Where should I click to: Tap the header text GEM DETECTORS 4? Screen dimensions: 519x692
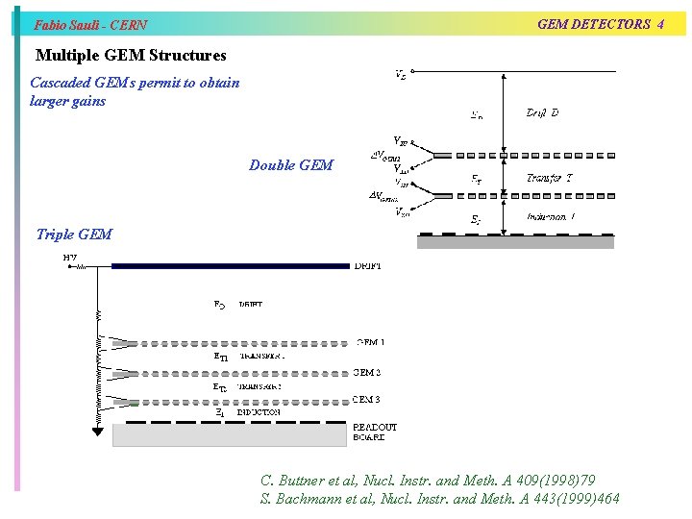click(x=600, y=24)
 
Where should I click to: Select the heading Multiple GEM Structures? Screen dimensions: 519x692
click(x=130, y=56)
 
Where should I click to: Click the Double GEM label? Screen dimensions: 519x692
click(x=290, y=165)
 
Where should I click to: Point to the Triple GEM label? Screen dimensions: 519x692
click(x=73, y=234)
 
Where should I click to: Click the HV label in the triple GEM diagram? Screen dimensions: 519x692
click(x=70, y=258)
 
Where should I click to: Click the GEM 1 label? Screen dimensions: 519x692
click(x=370, y=342)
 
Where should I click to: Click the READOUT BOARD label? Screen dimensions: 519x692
click(x=374, y=432)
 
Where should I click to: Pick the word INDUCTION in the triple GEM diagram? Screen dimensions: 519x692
click(x=259, y=412)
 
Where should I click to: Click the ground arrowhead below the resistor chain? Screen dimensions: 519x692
click(x=97, y=431)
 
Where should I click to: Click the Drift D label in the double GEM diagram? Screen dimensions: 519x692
click(x=542, y=113)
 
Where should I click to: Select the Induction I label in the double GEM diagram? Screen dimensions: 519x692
click(x=551, y=217)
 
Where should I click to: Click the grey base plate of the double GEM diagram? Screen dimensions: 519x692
click(x=515, y=242)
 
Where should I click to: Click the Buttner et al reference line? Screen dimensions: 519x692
click(x=428, y=479)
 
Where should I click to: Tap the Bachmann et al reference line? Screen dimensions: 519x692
click(x=439, y=498)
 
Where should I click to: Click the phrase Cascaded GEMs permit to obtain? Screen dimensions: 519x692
click(x=135, y=83)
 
